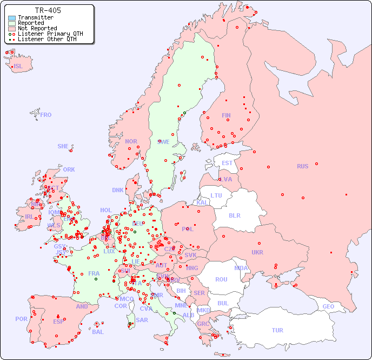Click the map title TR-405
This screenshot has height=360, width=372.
pyautogui.click(x=48, y=10)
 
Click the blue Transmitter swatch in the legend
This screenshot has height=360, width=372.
pyautogui.click(x=11, y=17)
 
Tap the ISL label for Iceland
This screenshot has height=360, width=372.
pyautogui.click(x=18, y=67)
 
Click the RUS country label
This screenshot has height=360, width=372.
pyautogui.click(x=302, y=166)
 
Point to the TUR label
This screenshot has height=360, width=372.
pyautogui.click(x=277, y=330)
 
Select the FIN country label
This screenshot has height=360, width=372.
pyautogui.click(x=226, y=115)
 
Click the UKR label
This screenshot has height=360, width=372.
pyautogui.click(x=257, y=252)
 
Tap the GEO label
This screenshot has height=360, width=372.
pyautogui.click(x=328, y=306)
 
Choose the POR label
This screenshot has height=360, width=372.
pyautogui.click(x=21, y=319)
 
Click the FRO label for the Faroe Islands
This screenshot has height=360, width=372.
pyautogui.click(x=46, y=115)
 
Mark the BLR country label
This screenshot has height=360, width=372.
pyautogui.click(x=234, y=215)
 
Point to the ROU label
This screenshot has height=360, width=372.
pyautogui.click(x=221, y=279)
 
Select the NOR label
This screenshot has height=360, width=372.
pyautogui.click(x=131, y=141)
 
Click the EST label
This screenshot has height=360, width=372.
pyautogui.click(x=227, y=163)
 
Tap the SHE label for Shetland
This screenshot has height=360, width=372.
pyautogui.click(x=63, y=146)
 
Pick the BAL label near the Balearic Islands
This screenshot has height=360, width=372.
pyautogui.click(x=98, y=332)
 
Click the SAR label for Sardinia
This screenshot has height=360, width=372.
pyautogui.click(x=142, y=320)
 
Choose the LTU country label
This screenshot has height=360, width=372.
pyautogui.click(x=216, y=195)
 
